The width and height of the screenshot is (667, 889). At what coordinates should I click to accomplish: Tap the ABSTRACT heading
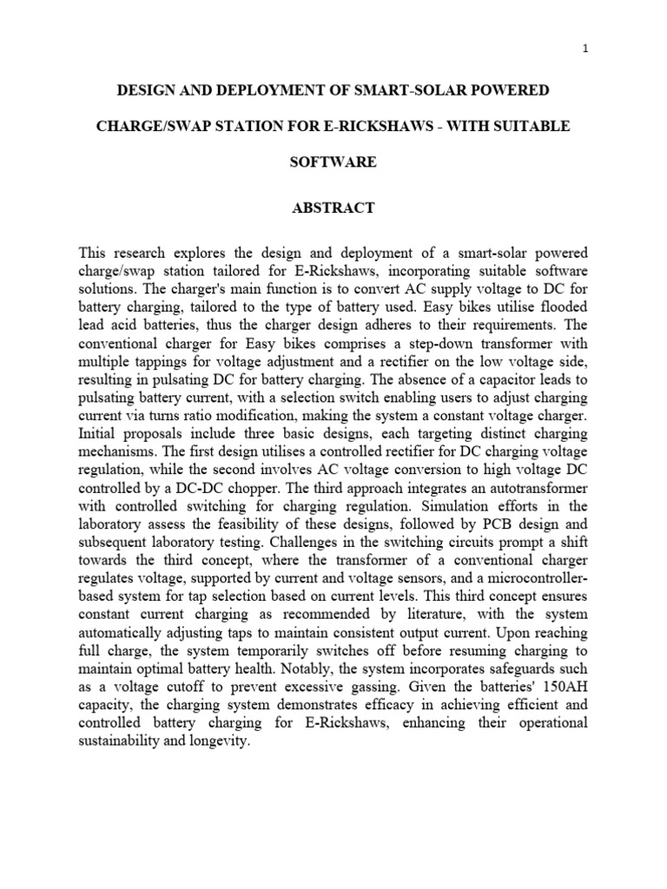[334, 207]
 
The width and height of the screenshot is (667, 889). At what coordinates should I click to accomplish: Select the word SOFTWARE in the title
[334, 162]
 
